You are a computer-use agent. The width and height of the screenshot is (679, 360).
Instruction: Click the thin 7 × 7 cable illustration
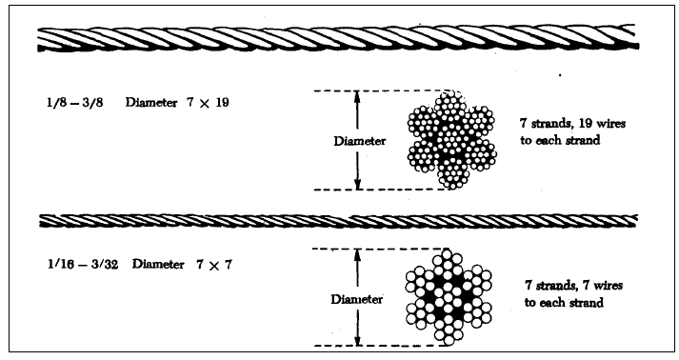(339, 221)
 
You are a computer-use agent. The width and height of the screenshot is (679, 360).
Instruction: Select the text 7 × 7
(222, 262)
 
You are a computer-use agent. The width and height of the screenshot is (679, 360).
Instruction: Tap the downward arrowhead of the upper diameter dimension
(358, 184)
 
